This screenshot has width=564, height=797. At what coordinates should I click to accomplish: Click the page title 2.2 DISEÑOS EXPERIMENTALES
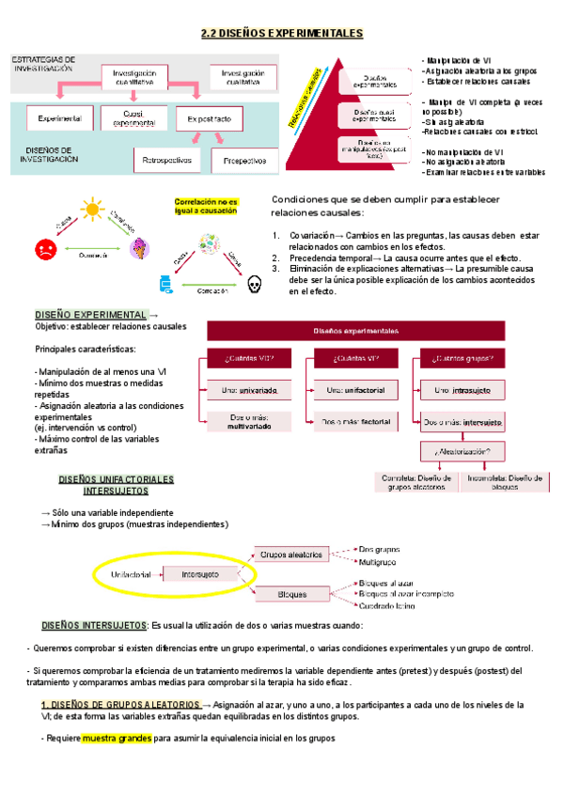point(282,34)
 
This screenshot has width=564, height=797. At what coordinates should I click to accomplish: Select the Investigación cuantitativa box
point(141,77)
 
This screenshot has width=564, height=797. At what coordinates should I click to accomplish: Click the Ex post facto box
point(215,119)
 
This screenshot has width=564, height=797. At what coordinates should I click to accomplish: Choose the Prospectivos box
point(244,161)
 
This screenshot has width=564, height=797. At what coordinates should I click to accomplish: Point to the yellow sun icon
point(91,210)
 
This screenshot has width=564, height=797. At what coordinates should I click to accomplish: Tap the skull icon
point(252,282)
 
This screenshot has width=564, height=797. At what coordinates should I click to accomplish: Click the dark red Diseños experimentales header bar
point(375,330)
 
